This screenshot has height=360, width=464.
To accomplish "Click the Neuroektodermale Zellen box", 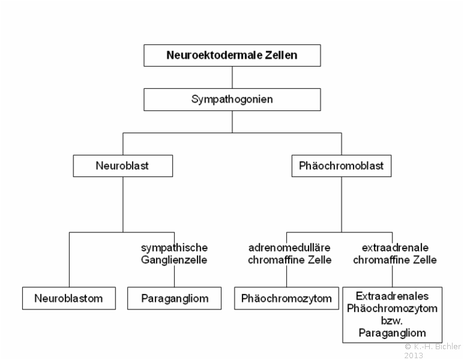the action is (x=232, y=56).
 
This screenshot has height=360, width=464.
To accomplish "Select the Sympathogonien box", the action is (x=232, y=100).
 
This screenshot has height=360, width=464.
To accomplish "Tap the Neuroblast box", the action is (x=123, y=166).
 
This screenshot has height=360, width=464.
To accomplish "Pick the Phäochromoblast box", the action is (x=342, y=166).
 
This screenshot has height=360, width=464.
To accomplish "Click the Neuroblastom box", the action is (x=69, y=298).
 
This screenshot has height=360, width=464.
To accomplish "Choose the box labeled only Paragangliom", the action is (x=174, y=298).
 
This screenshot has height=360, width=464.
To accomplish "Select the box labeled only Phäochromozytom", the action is (x=286, y=298).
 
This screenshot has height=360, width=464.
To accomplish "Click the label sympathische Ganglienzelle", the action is (x=174, y=254).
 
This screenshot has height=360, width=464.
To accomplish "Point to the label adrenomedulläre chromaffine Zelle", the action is (x=289, y=254).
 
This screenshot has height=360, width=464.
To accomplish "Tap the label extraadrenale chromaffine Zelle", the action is (x=395, y=254).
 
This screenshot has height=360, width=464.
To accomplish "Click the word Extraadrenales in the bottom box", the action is (x=392, y=296).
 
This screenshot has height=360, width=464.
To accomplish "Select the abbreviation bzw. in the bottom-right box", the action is (x=392, y=320).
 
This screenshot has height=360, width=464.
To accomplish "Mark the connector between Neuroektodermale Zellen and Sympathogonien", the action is (x=232, y=77).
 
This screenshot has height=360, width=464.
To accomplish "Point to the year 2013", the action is (x=414, y=355).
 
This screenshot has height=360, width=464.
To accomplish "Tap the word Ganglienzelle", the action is (x=174, y=260).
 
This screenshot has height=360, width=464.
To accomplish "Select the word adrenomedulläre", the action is (x=289, y=248).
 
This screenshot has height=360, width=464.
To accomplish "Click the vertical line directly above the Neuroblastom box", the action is (x=69, y=260).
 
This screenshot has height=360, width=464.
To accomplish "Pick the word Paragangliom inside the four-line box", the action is (x=392, y=333).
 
